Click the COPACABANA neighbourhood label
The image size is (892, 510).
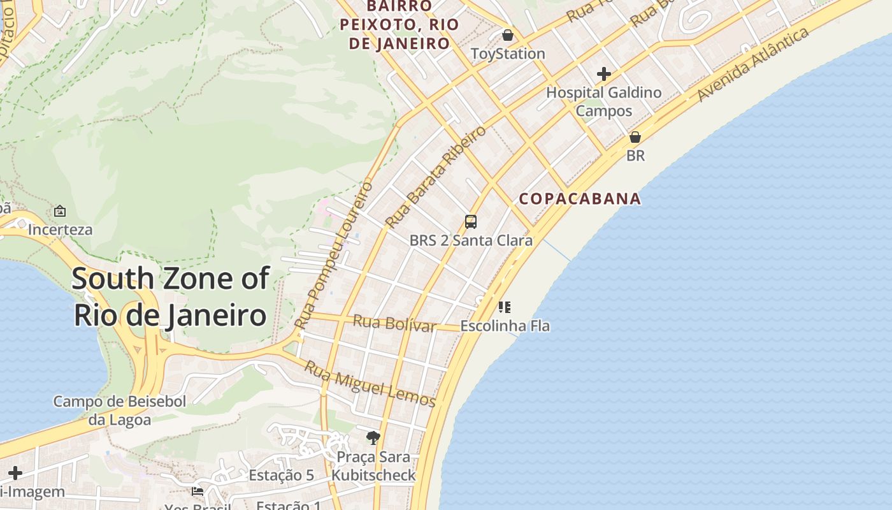click(x=580, y=199)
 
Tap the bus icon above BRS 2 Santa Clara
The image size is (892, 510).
click(x=471, y=222)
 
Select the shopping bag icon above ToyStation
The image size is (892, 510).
click(x=508, y=34)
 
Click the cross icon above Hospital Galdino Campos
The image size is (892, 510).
click(x=603, y=74)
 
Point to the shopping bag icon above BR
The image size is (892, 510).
click(x=635, y=137)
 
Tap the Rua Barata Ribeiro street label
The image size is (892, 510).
click(x=435, y=177)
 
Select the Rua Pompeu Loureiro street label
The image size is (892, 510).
click(x=334, y=255)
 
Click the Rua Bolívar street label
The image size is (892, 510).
click(x=394, y=323)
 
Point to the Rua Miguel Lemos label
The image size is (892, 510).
click(x=370, y=384)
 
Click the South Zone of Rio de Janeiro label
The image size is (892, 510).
click(x=170, y=297)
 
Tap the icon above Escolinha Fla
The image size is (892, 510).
click(x=505, y=307)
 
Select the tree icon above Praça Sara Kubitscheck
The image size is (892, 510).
click(x=373, y=437)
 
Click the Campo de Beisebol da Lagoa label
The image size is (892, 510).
click(x=120, y=411)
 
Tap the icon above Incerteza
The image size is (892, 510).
click(x=60, y=210)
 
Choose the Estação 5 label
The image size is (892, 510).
click(x=281, y=476)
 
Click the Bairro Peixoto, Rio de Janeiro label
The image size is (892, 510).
click(x=399, y=25)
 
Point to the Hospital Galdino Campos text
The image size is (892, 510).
click(x=604, y=101)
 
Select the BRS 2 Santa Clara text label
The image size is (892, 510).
click(x=471, y=240)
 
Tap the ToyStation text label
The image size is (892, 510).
click(x=508, y=54)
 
